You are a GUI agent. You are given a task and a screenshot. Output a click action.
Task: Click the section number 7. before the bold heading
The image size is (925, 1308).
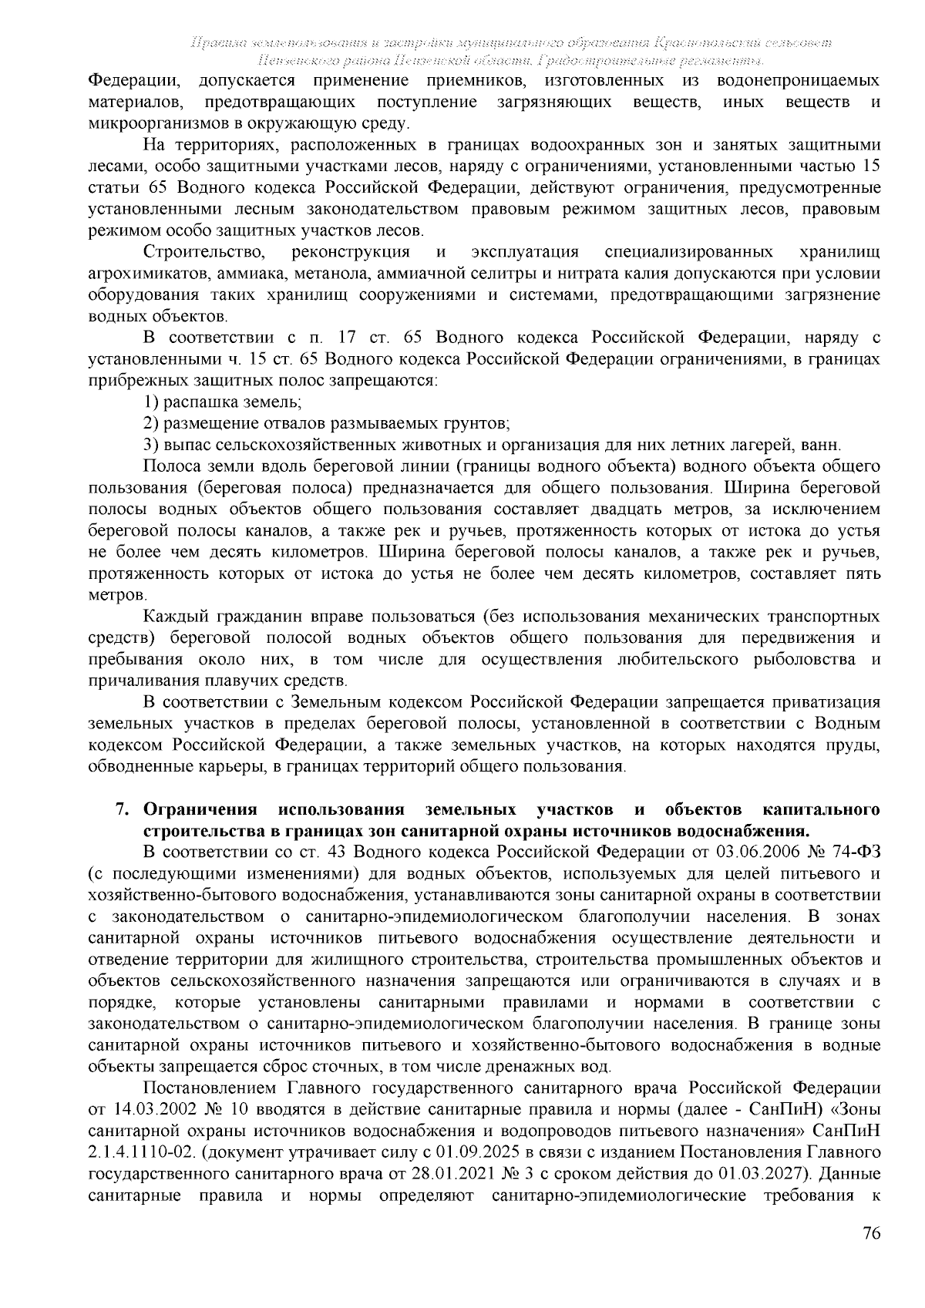point(121,810)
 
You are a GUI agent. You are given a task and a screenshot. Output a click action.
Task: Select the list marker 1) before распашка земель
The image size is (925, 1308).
point(152,402)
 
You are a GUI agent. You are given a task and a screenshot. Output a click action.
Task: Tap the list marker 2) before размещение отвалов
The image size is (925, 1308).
point(152,423)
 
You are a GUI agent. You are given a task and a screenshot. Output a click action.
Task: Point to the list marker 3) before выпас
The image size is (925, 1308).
point(152,445)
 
